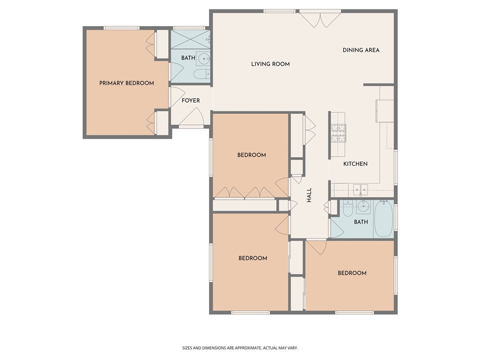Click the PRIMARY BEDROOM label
point(127,83)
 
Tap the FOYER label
point(191,100)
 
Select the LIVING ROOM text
point(270,64)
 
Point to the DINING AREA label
point(361,50)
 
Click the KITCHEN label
point(355,164)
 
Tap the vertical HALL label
point(309,195)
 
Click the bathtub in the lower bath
point(383,218)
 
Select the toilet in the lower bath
point(348,208)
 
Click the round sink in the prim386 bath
point(203,59)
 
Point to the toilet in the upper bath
point(202,74)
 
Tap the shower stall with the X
point(190,39)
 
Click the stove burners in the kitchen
point(338,133)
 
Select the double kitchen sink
point(360,189)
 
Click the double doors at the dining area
point(320,20)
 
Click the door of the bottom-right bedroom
point(316,247)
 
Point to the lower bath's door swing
point(337,228)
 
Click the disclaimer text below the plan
point(240,348)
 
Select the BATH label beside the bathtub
point(361,222)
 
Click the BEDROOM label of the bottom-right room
point(352,273)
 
